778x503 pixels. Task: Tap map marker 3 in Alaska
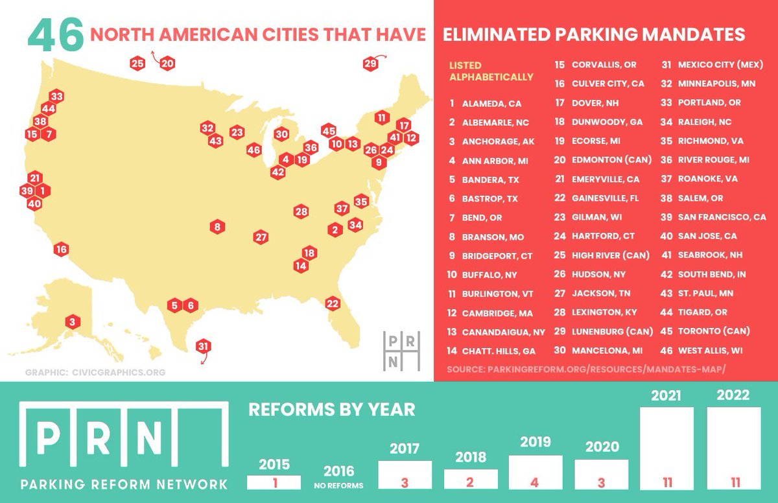tap(73, 322)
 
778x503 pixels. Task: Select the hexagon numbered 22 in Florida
tap(333, 303)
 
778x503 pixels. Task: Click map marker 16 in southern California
tap(62, 249)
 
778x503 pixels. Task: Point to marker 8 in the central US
tap(218, 227)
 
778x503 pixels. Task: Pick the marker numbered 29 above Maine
tap(370, 64)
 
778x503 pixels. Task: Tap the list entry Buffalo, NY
tap(486, 274)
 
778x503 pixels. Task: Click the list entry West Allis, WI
tap(709, 350)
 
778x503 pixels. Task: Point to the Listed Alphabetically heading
tap(491, 71)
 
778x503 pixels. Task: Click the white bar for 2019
tap(536, 472)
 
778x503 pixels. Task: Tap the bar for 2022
tap(734, 447)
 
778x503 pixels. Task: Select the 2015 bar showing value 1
tap(274, 482)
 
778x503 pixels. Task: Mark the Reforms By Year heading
tap(332, 410)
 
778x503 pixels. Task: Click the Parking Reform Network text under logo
tap(124, 484)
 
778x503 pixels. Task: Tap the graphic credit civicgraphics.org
tap(95, 373)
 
